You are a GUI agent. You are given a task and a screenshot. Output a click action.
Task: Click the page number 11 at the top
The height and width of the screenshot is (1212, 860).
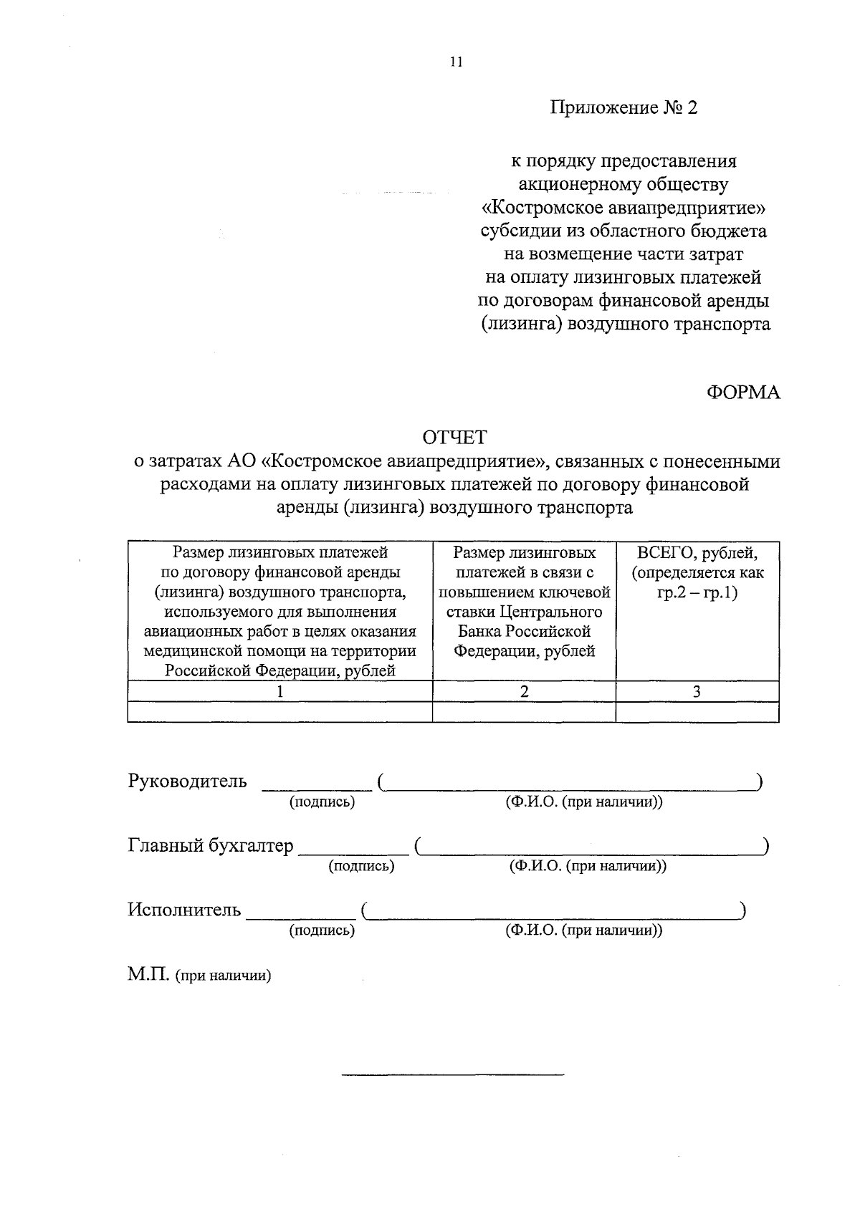(x=457, y=62)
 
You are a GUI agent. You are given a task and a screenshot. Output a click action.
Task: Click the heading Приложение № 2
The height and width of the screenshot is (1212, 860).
(x=623, y=108)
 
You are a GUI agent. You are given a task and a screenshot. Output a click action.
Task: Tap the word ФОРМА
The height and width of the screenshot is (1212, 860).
(x=743, y=393)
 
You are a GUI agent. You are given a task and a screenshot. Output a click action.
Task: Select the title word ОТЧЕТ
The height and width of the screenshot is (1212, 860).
(x=454, y=437)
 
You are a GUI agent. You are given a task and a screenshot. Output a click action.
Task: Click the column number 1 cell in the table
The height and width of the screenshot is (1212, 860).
(x=280, y=691)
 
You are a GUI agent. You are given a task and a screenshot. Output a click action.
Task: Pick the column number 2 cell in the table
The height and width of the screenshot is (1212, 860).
(x=525, y=691)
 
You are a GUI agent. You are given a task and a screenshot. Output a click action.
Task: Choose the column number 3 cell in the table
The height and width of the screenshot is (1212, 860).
(x=697, y=691)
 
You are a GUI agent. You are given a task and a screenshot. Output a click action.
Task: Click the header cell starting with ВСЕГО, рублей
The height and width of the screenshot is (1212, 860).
(x=697, y=553)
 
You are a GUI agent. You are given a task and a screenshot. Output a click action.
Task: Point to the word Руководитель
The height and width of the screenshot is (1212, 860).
(x=188, y=781)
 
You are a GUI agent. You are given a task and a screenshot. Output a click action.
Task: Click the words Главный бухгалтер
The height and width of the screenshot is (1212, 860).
(x=211, y=846)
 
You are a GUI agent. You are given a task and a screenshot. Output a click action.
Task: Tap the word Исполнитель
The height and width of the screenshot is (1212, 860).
(x=185, y=910)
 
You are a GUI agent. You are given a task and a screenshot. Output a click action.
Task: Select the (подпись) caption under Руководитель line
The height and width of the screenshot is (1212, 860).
(x=322, y=802)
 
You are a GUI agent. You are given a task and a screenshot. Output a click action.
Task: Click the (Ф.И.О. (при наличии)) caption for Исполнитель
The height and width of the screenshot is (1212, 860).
(x=584, y=930)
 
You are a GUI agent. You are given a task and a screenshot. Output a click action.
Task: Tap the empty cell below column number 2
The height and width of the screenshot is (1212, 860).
(x=525, y=712)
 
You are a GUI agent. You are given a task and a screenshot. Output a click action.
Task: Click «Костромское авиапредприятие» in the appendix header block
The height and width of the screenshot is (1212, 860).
(x=623, y=208)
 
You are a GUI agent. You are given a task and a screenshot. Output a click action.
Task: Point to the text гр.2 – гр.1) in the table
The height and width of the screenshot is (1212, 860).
(x=697, y=592)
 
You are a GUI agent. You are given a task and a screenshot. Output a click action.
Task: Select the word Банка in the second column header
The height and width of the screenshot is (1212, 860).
(x=482, y=632)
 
